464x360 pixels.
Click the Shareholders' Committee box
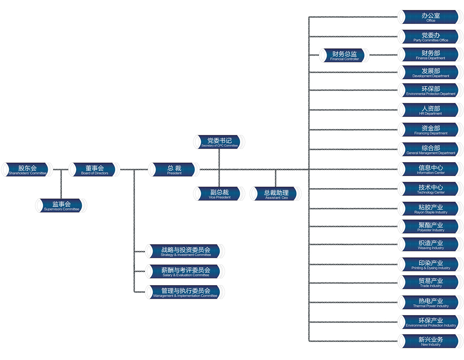tap(27, 170)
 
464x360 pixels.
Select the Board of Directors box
tap(94, 170)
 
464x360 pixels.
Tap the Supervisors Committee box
tap(61, 205)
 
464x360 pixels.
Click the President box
tap(174, 170)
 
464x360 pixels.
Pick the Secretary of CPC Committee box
tap(219, 142)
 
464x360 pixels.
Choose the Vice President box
tap(219, 194)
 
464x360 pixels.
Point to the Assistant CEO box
tap(276, 194)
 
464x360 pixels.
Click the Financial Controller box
tap(344, 55)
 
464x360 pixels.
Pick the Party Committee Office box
tap(430, 36)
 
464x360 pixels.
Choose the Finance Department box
tap(430, 54)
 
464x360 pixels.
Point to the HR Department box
tap(430, 110)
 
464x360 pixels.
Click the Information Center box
tap(430, 169)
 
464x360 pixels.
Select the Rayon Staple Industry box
tap(430, 209)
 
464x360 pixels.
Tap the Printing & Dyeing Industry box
tap(430, 264)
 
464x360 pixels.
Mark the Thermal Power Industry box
tap(430, 302)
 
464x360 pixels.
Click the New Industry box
tap(430, 341)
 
